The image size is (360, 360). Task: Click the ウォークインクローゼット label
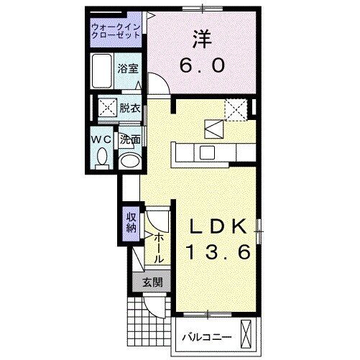(116, 32)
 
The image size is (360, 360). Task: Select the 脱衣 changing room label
(130, 108)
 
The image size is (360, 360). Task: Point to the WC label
(100, 138)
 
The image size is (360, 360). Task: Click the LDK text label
(218, 226)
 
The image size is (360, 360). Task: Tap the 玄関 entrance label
(151, 282)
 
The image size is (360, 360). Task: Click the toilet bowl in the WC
(101, 156)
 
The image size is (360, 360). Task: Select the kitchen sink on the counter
(207, 152)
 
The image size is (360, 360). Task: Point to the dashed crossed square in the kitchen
(235, 108)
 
